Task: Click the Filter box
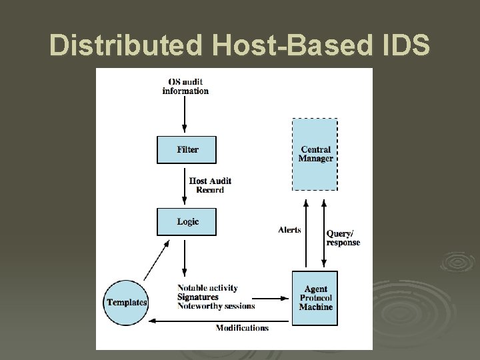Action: (187, 150)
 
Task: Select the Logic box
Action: (187, 221)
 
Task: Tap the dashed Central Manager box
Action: (315, 153)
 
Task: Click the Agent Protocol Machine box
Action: (315, 298)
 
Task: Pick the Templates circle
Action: (127, 302)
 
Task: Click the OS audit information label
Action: (185, 87)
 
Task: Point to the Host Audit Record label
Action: (210, 185)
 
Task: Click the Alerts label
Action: (289, 230)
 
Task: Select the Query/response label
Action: (343, 238)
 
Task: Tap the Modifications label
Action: (242, 327)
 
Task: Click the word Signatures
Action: (198, 297)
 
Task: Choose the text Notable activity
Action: (207, 288)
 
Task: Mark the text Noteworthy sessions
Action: (216, 306)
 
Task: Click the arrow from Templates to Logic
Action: (156, 260)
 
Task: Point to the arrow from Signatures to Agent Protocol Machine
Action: (274, 298)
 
